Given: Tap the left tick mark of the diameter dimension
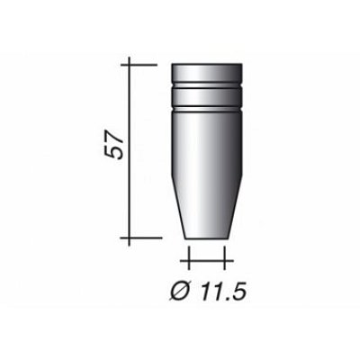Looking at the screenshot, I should (188, 262).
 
